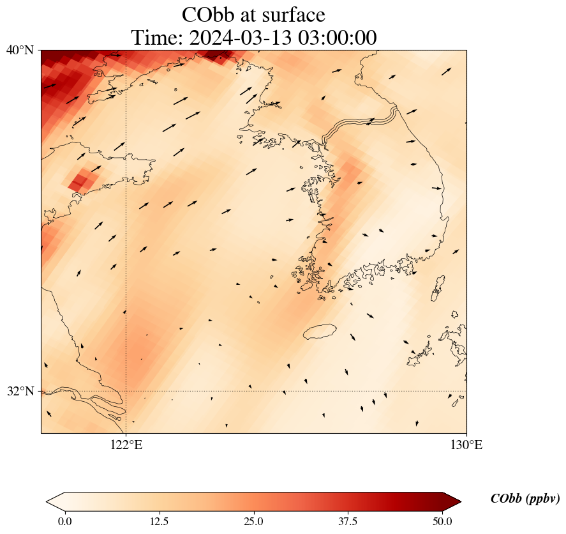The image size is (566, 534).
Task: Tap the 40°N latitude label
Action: (20, 50)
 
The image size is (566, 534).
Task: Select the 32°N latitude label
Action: (20, 391)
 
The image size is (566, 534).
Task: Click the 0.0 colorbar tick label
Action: (64, 521)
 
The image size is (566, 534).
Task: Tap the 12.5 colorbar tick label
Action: (159, 521)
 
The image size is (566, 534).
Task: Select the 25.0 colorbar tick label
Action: (253, 521)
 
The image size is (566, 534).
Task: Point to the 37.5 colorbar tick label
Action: (348, 521)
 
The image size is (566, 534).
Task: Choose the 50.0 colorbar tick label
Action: (442, 521)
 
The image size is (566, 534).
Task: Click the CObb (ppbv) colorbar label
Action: (525, 499)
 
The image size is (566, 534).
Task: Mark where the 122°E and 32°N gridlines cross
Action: (126, 391)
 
